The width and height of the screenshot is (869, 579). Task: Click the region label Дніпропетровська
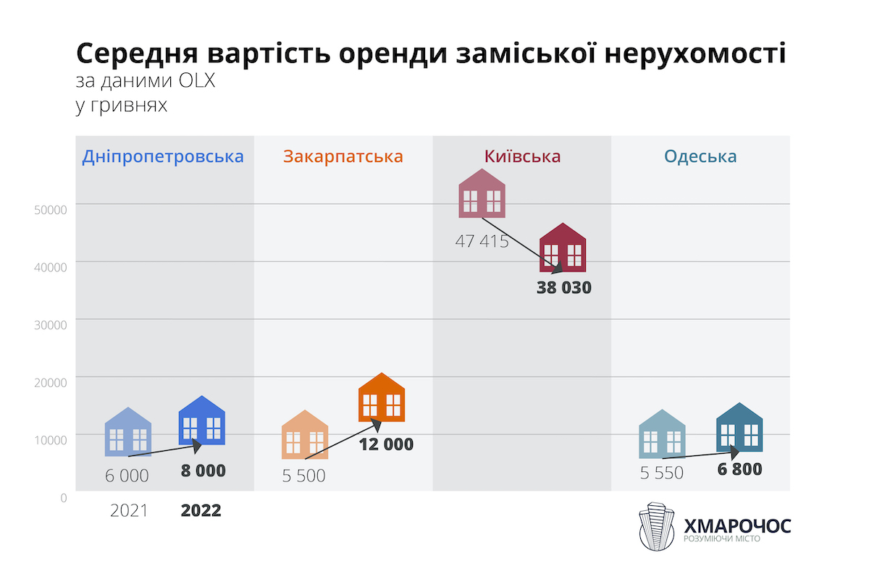pyautogui.click(x=163, y=156)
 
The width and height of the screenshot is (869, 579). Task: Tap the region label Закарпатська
pyautogui.click(x=343, y=156)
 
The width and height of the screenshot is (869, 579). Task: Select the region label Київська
pyautogui.click(x=522, y=156)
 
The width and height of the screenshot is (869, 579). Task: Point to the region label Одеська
pyautogui.click(x=700, y=156)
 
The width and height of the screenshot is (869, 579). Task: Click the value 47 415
pyautogui.click(x=482, y=241)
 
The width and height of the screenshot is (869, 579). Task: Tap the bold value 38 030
pyautogui.click(x=564, y=287)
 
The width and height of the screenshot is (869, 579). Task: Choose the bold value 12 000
pyautogui.click(x=386, y=444)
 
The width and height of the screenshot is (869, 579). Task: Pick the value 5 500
pyautogui.click(x=303, y=476)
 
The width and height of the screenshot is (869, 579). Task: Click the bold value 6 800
pyautogui.click(x=739, y=469)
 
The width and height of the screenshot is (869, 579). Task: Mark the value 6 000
pyautogui.click(x=127, y=476)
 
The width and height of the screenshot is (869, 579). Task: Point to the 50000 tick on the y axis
pyautogui.click(x=51, y=209)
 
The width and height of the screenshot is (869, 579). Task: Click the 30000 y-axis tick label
pyautogui.click(x=51, y=324)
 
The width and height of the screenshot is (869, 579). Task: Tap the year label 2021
pyautogui.click(x=129, y=510)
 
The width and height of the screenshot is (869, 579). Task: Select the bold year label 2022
pyautogui.click(x=201, y=510)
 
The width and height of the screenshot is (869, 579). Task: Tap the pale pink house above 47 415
pyautogui.click(x=482, y=193)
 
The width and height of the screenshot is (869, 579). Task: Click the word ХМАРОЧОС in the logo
pyautogui.click(x=737, y=525)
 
